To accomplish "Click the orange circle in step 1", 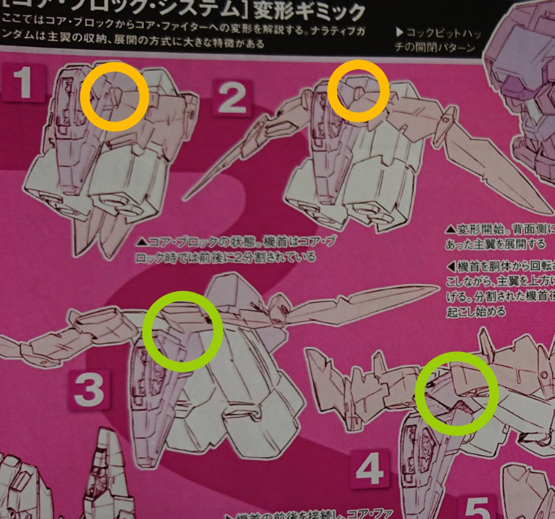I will click(114, 97).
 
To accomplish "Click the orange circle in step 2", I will click(358, 91).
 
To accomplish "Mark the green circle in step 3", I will click(183, 331).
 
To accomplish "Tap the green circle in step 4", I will click(457, 394).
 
